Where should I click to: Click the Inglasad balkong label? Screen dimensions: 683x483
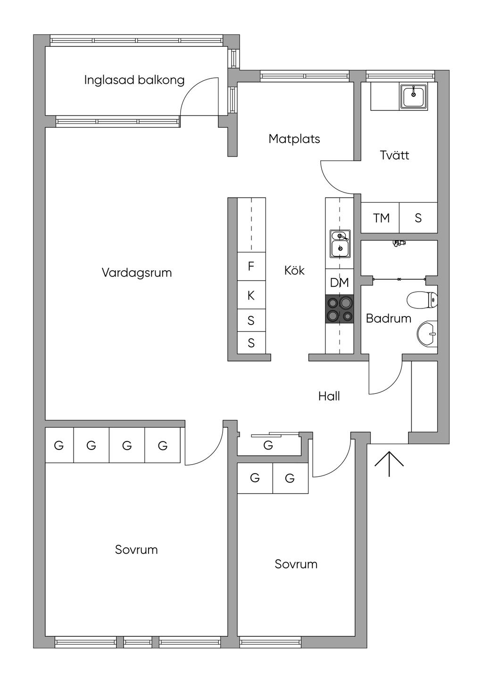(x=134, y=80)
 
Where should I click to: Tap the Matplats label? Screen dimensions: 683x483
(x=294, y=139)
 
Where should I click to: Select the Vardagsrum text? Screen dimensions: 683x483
(x=137, y=273)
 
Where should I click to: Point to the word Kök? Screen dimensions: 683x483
(x=294, y=271)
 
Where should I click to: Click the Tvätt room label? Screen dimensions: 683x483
(x=394, y=155)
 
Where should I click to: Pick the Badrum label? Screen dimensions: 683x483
(x=388, y=319)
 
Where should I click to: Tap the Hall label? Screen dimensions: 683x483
(x=329, y=396)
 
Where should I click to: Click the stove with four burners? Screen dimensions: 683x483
(x=339, y=309)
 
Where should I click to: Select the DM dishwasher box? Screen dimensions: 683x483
(x=339, y=283)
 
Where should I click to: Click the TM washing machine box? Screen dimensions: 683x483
(x=381, y=218)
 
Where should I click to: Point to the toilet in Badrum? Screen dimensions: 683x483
(x=422, y=300)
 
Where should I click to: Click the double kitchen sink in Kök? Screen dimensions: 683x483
(x=340, y=243)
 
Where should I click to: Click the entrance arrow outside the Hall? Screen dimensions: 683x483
(x=389, y=464)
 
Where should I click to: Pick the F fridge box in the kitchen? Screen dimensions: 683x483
(x=251, y=267)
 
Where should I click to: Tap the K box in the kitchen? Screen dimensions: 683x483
(x=251, y=295)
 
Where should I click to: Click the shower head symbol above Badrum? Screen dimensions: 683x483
(x=399, y=243)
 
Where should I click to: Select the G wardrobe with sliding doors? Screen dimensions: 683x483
(x=268, y=445)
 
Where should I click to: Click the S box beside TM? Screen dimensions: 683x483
(x=418, y=218)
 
